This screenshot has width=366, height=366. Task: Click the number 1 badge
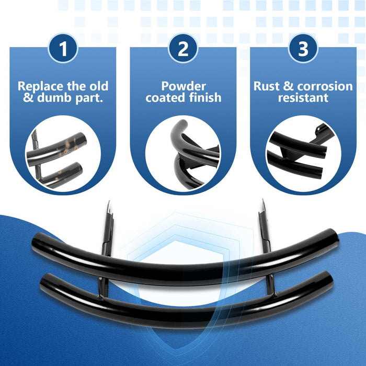click(63, 48)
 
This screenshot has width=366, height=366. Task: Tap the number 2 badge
click(183, 48)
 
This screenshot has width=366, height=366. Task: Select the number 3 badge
click(303, 48)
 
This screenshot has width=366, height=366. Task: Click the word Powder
click(184, 86)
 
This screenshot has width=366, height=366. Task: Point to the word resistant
click(303, 98)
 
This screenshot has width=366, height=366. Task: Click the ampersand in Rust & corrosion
click(288, 86)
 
